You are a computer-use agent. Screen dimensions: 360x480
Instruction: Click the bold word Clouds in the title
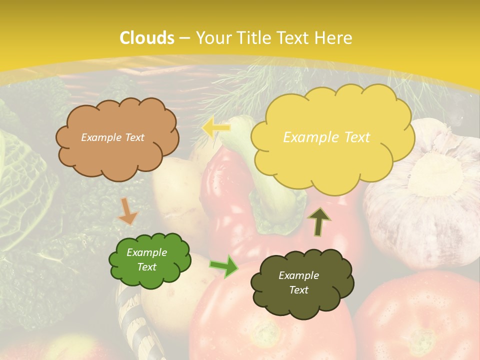147,38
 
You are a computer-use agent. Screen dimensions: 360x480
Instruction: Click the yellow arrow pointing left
215,128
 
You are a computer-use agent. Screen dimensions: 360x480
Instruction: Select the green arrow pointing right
224,266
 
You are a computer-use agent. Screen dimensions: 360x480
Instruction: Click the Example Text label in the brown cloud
112,137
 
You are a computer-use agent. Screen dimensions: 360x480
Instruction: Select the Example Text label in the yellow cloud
326,137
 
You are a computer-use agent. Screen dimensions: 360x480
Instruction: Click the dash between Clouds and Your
184,38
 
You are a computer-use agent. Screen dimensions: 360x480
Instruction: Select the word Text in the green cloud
147,267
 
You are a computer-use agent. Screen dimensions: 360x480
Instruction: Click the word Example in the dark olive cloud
298,275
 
